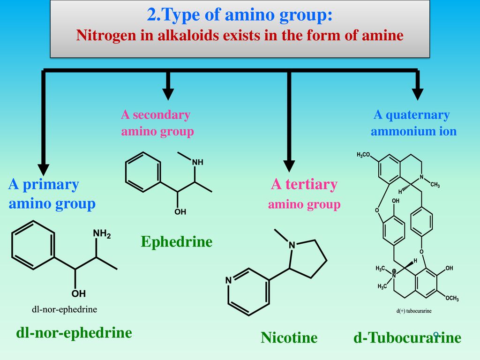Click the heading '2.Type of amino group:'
(240, 15)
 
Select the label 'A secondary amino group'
(157, 123)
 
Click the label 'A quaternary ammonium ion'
(412, 123)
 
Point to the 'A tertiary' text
(304, 185)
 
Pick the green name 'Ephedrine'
(176, 242)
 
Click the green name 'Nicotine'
(289, 337)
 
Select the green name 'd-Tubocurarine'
(407, 337)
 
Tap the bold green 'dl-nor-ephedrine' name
(74, 333)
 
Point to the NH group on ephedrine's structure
(197, 162)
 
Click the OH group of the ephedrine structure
(180, 212)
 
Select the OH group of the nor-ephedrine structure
(78, 294)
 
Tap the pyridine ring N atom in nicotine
(229, 281)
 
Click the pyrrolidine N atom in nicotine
(292, 245)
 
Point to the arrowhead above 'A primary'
(44, 168)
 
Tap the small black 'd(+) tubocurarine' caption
(413, 311)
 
